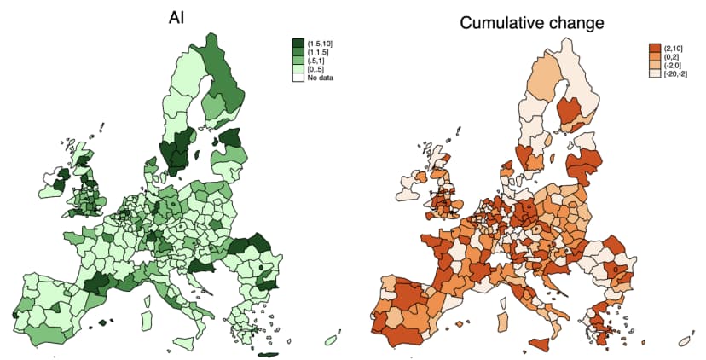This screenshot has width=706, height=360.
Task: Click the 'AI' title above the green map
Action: (x=177, y=17)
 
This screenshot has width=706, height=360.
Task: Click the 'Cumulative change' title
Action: (x=533, y=23)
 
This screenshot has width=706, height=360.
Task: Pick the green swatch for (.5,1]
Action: (x=298, y=61)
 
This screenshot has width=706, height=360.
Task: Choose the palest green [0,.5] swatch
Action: (x=298, y=69)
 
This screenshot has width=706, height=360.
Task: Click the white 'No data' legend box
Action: (x=298, y=78)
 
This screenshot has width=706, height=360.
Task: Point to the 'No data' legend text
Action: (x=321, y=78)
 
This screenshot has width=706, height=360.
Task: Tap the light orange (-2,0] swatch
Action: (x=655, y=65)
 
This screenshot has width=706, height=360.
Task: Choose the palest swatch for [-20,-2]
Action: (x=655, y=74)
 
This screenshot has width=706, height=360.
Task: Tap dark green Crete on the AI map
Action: (x=269, y=354)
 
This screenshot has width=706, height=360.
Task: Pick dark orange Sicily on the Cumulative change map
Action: (x=539, y=342)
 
